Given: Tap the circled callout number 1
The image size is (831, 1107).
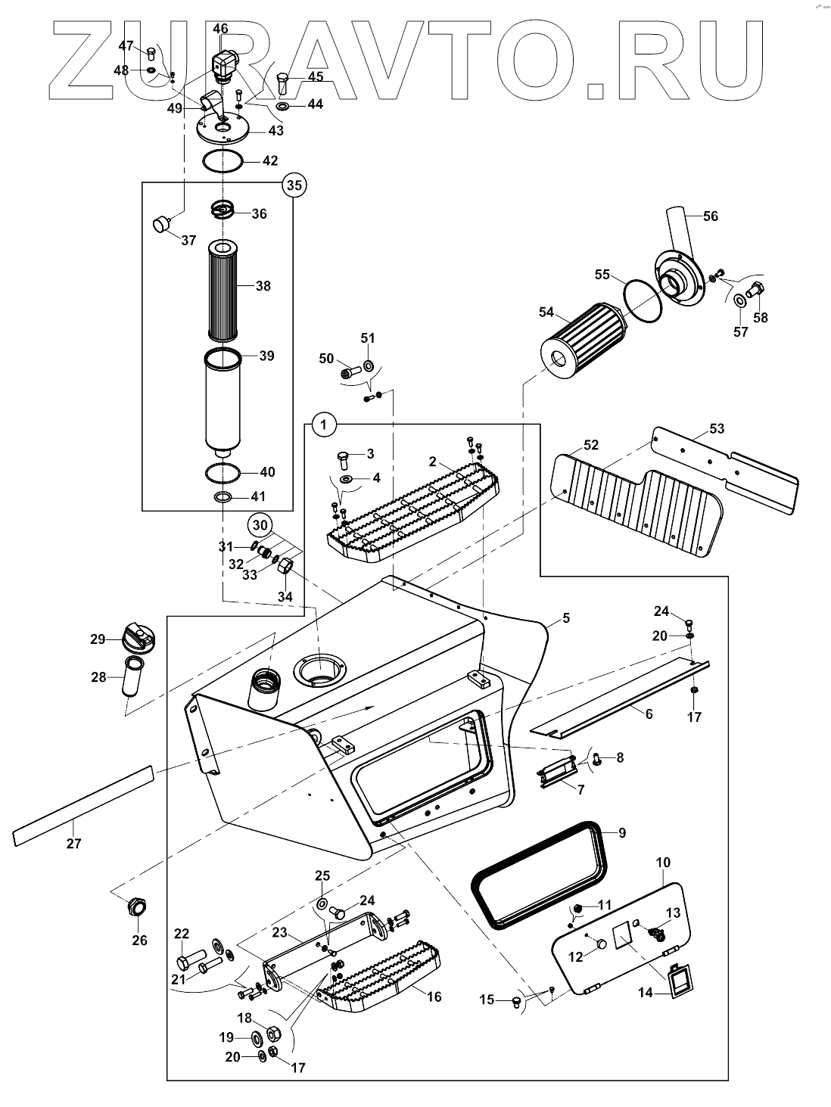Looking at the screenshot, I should (x=323, y=425).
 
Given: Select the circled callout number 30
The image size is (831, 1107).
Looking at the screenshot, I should (x=260, y=524).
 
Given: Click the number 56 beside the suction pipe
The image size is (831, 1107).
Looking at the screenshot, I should (x=710, y=216).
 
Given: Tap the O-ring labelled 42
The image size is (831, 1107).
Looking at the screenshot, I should (x=223, y=161).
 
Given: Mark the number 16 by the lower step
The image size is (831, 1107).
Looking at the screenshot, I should (x=434, y=997).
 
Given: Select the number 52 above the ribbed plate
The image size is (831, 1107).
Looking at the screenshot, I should (x=591, y=445).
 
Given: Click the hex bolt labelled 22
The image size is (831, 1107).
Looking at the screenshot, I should (x=186, y=962).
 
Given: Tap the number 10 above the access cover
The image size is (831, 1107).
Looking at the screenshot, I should (x=663, y=863).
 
